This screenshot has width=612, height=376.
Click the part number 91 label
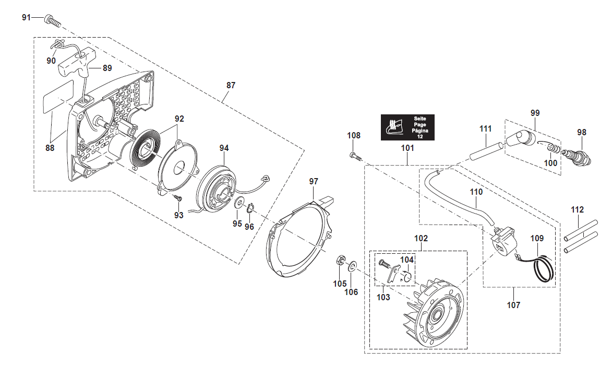26,17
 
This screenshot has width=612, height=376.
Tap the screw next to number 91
53,21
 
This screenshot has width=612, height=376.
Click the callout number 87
231,85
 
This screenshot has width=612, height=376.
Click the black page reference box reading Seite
407,127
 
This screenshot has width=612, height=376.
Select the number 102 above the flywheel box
421,238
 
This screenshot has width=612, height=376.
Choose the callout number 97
313,181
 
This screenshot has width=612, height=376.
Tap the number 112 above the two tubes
577,210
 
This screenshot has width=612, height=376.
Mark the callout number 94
223,148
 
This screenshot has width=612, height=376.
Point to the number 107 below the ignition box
513,305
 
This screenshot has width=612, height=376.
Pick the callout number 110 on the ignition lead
476,192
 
